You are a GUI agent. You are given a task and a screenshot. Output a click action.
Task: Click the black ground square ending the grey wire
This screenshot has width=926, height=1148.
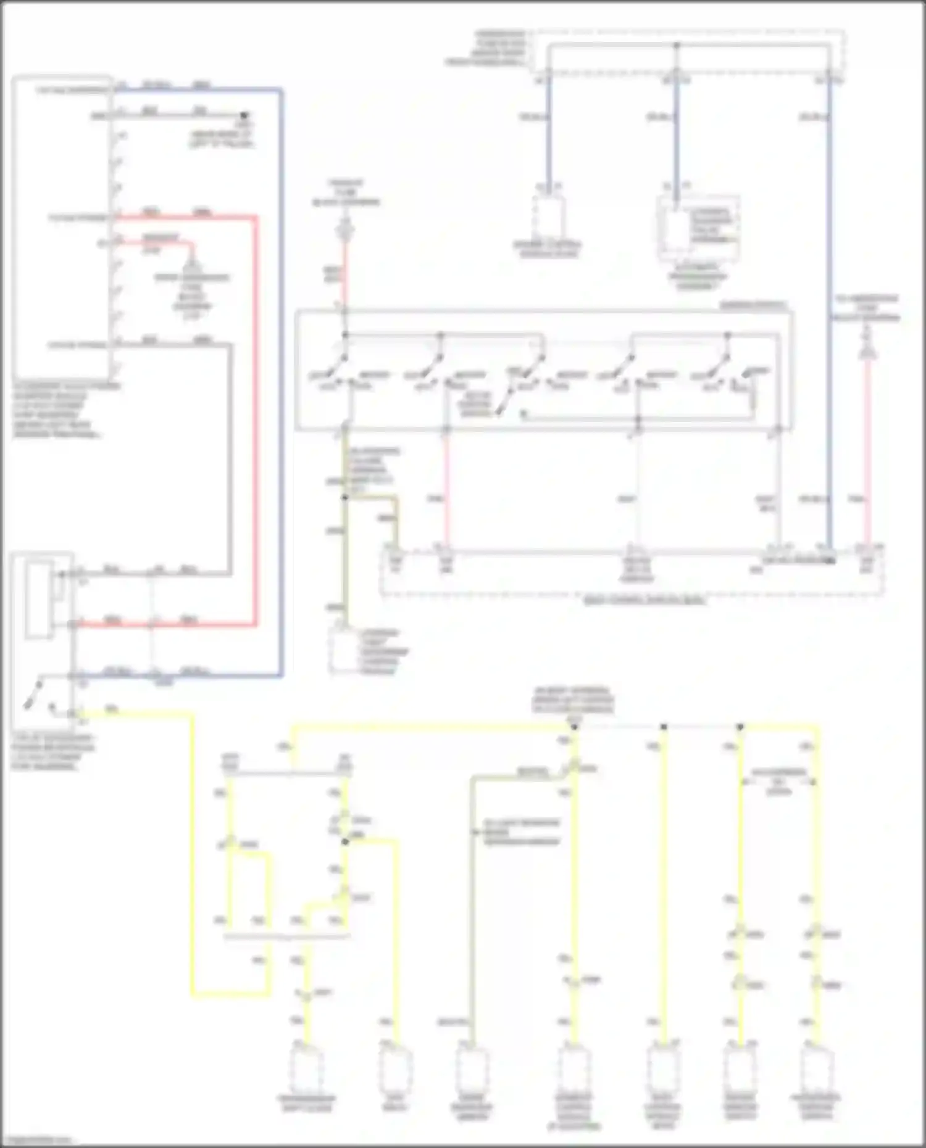[x=244, y=115]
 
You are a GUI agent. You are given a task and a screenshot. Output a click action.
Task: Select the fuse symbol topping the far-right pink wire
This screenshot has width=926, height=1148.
[x=867, y=352]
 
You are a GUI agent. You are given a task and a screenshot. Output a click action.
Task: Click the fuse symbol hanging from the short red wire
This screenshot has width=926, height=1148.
[x=192, y=270]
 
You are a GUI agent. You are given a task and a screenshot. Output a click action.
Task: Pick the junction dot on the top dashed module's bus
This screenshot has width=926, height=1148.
[x=677, y=45]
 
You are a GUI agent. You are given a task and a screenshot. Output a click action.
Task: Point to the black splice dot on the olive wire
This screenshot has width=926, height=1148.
[x=345, y=497]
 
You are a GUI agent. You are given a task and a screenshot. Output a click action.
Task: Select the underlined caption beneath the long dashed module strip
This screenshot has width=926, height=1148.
[x=644, y=600]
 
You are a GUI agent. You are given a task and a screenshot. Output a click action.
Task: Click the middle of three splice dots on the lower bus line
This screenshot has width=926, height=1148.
[x=664, y=727]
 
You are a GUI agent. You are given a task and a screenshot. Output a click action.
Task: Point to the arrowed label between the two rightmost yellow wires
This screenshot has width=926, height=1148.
[x=778, y=781]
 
